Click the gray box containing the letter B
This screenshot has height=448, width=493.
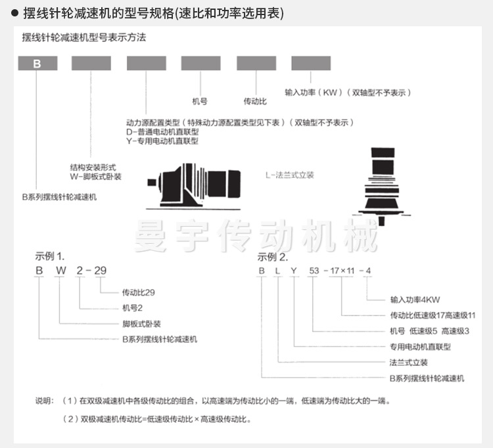pos(37,64)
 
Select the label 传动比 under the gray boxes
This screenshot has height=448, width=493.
pos(255,102)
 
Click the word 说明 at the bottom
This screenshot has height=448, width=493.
pos(45,401)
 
